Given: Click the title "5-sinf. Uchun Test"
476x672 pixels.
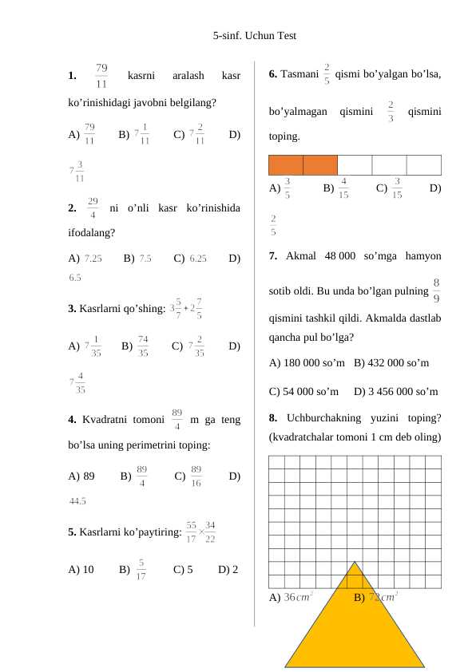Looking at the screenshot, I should (255, 36).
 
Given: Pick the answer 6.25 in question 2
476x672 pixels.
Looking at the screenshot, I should (198, 259).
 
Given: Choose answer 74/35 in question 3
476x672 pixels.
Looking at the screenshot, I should (143, 346).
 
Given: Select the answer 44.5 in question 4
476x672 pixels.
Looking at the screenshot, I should (77, 502).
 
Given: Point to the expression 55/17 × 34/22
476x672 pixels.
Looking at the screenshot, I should (200, 531).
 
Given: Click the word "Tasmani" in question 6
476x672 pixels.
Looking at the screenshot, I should (299, 74).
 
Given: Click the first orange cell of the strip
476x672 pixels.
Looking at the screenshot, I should (286, 164).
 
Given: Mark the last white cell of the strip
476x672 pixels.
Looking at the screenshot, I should (423, 164).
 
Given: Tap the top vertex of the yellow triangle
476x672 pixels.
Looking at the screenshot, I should (355, 562).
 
